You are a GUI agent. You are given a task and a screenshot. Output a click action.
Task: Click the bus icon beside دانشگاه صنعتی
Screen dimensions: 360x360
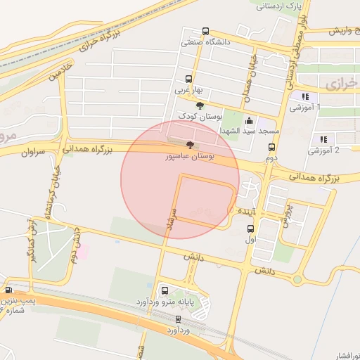point(205,31)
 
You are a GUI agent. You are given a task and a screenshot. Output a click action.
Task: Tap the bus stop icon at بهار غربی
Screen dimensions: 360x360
point(188,79)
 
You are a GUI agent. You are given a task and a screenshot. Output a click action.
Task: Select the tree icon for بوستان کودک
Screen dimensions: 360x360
point(200,105)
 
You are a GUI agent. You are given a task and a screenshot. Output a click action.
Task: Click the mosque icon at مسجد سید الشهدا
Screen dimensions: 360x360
point(249,120)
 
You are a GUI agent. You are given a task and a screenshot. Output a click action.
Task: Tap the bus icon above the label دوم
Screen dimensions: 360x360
point(271,148)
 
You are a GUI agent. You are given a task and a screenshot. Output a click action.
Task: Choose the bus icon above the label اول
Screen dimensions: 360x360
point(251,229)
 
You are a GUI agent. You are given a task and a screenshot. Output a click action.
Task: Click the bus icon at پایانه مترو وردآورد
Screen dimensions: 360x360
point(165,290)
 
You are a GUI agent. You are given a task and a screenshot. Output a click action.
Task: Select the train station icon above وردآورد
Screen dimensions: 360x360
point(176,318)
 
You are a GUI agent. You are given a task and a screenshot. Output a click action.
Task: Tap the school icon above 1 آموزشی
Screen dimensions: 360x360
point(304,96)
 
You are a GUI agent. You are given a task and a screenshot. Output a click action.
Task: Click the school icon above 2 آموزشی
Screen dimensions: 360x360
point(323,139)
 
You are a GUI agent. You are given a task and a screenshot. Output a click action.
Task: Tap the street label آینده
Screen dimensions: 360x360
point(250,210)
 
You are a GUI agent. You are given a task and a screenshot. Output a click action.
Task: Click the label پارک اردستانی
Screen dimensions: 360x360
point(281,6)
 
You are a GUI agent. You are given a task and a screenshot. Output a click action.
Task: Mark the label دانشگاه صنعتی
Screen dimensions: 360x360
point(206,42)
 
